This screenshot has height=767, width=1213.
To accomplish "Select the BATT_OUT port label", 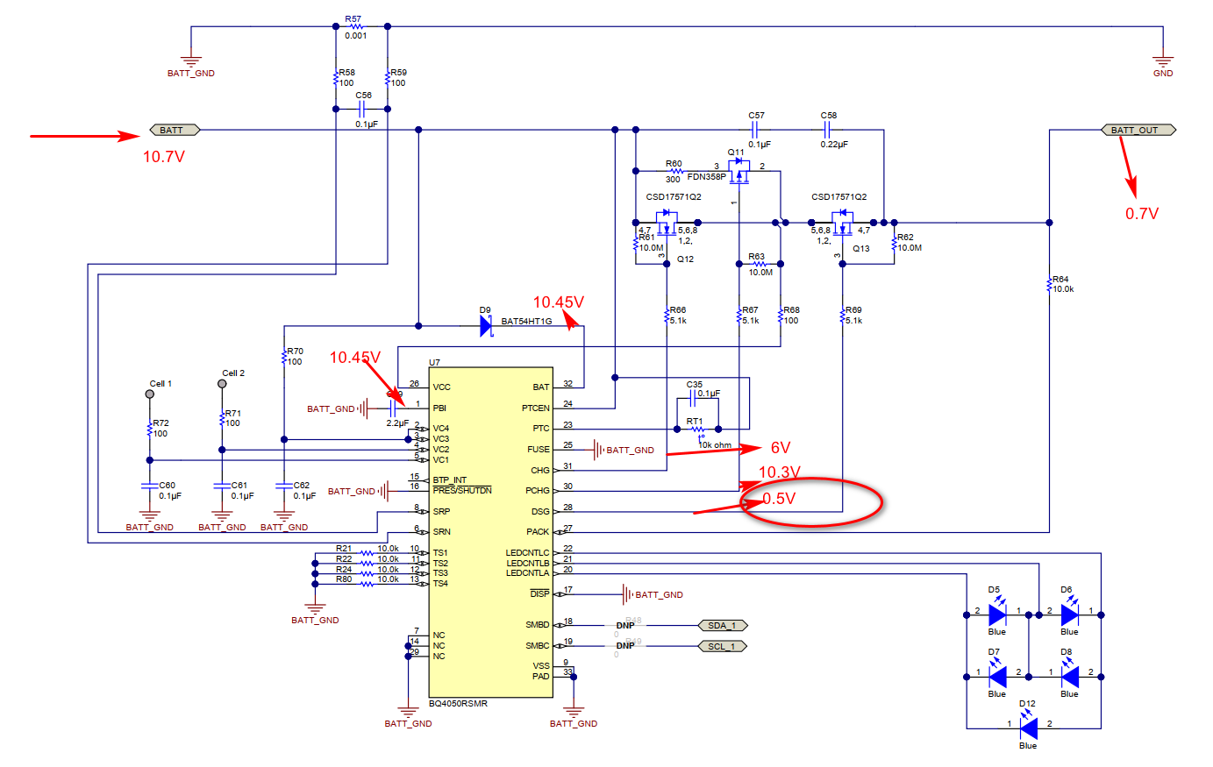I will coord(1138,130).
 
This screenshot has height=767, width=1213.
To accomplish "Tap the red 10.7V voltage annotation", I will coord(164,157).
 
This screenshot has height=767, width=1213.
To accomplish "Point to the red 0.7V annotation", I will coord(1142,214).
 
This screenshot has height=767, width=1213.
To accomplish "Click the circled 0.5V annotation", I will coord(779,499).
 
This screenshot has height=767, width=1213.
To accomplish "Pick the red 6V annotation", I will coord(781,448).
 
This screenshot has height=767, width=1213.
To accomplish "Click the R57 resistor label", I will coord(353,18).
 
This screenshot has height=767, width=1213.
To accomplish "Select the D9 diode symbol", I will coord(486,326).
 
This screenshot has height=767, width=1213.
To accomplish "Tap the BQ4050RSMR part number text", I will coord(458,704).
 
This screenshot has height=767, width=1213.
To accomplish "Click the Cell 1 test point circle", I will coord(150,394).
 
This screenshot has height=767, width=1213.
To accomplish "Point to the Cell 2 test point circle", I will coord(223,384).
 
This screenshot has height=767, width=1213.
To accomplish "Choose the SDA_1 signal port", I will coord(722,625).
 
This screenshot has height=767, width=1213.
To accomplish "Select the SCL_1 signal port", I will coord(722,646).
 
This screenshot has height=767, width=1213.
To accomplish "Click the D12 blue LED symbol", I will coord(1028,728).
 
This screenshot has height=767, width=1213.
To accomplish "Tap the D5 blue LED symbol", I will coord(997,614).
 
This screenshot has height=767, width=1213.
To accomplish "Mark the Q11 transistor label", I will coord(735,153).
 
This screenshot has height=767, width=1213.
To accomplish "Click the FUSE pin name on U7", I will coord(538,450).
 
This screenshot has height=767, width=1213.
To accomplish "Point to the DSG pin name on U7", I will coord(539,511).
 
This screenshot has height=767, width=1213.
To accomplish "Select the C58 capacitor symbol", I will coord(826,130).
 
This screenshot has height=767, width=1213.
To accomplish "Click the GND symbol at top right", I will coord(1163,64).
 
